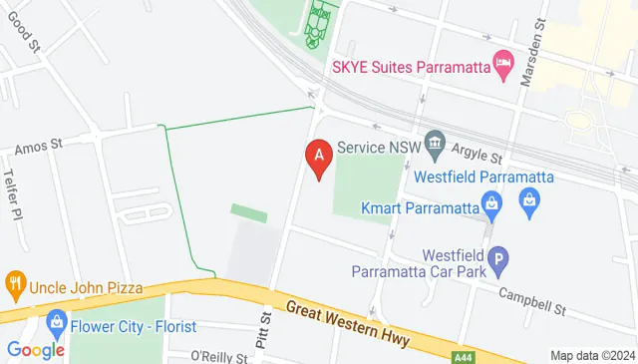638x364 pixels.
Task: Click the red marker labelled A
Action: coord(318,158)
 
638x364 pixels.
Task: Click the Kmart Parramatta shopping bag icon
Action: coord(490,205)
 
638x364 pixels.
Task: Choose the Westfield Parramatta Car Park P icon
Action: coord(498,261)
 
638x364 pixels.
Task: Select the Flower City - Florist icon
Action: coord(56,325)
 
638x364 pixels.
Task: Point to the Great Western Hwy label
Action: coord(346,324)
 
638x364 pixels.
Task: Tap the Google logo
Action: coord(36,350)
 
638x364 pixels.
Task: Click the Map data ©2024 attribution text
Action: coord(592,356)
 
